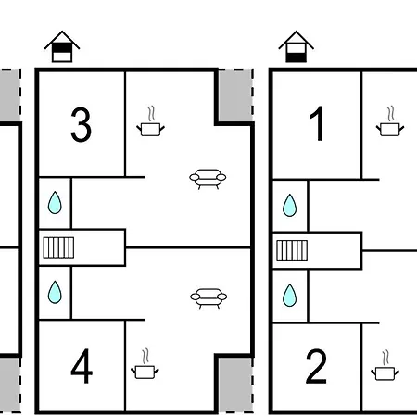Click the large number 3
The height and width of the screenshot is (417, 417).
click(x=81, y=124)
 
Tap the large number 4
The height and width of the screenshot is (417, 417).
click(x=82, y=366)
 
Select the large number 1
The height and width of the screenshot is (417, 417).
click(x=317, y=123)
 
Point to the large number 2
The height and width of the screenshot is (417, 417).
click(x=316, y=366)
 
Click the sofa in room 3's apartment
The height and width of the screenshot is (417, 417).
click(x=208, y=179)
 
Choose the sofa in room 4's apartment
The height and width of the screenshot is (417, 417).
click(x=208, y=298)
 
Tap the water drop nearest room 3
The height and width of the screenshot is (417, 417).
click(x=55, y=203)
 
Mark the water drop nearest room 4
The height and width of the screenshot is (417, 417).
click(x=55, y=292)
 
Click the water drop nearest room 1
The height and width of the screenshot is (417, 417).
click(x=290, y=205)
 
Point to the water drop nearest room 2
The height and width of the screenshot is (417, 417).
click(x=290, y=296)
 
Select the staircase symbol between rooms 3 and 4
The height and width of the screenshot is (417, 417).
click(x=58, y=247)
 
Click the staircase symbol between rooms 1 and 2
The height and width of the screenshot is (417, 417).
click(x=292, y=250)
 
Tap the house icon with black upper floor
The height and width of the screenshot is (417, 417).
click(x=62, y=46)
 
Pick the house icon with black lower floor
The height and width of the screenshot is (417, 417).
click(x=297, y=46)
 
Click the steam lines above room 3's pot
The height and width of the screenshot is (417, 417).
click(x=151, y=114)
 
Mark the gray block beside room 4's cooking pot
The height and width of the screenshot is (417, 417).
click(x=235, y=385)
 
